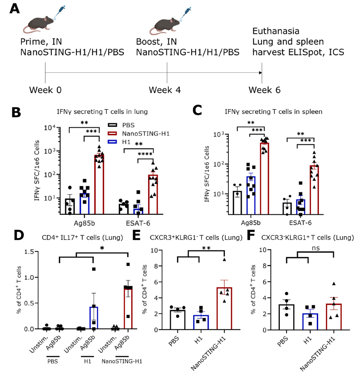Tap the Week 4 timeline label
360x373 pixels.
point(165,90)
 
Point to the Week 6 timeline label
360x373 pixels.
point(264,90)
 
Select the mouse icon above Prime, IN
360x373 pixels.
point(40,23)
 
